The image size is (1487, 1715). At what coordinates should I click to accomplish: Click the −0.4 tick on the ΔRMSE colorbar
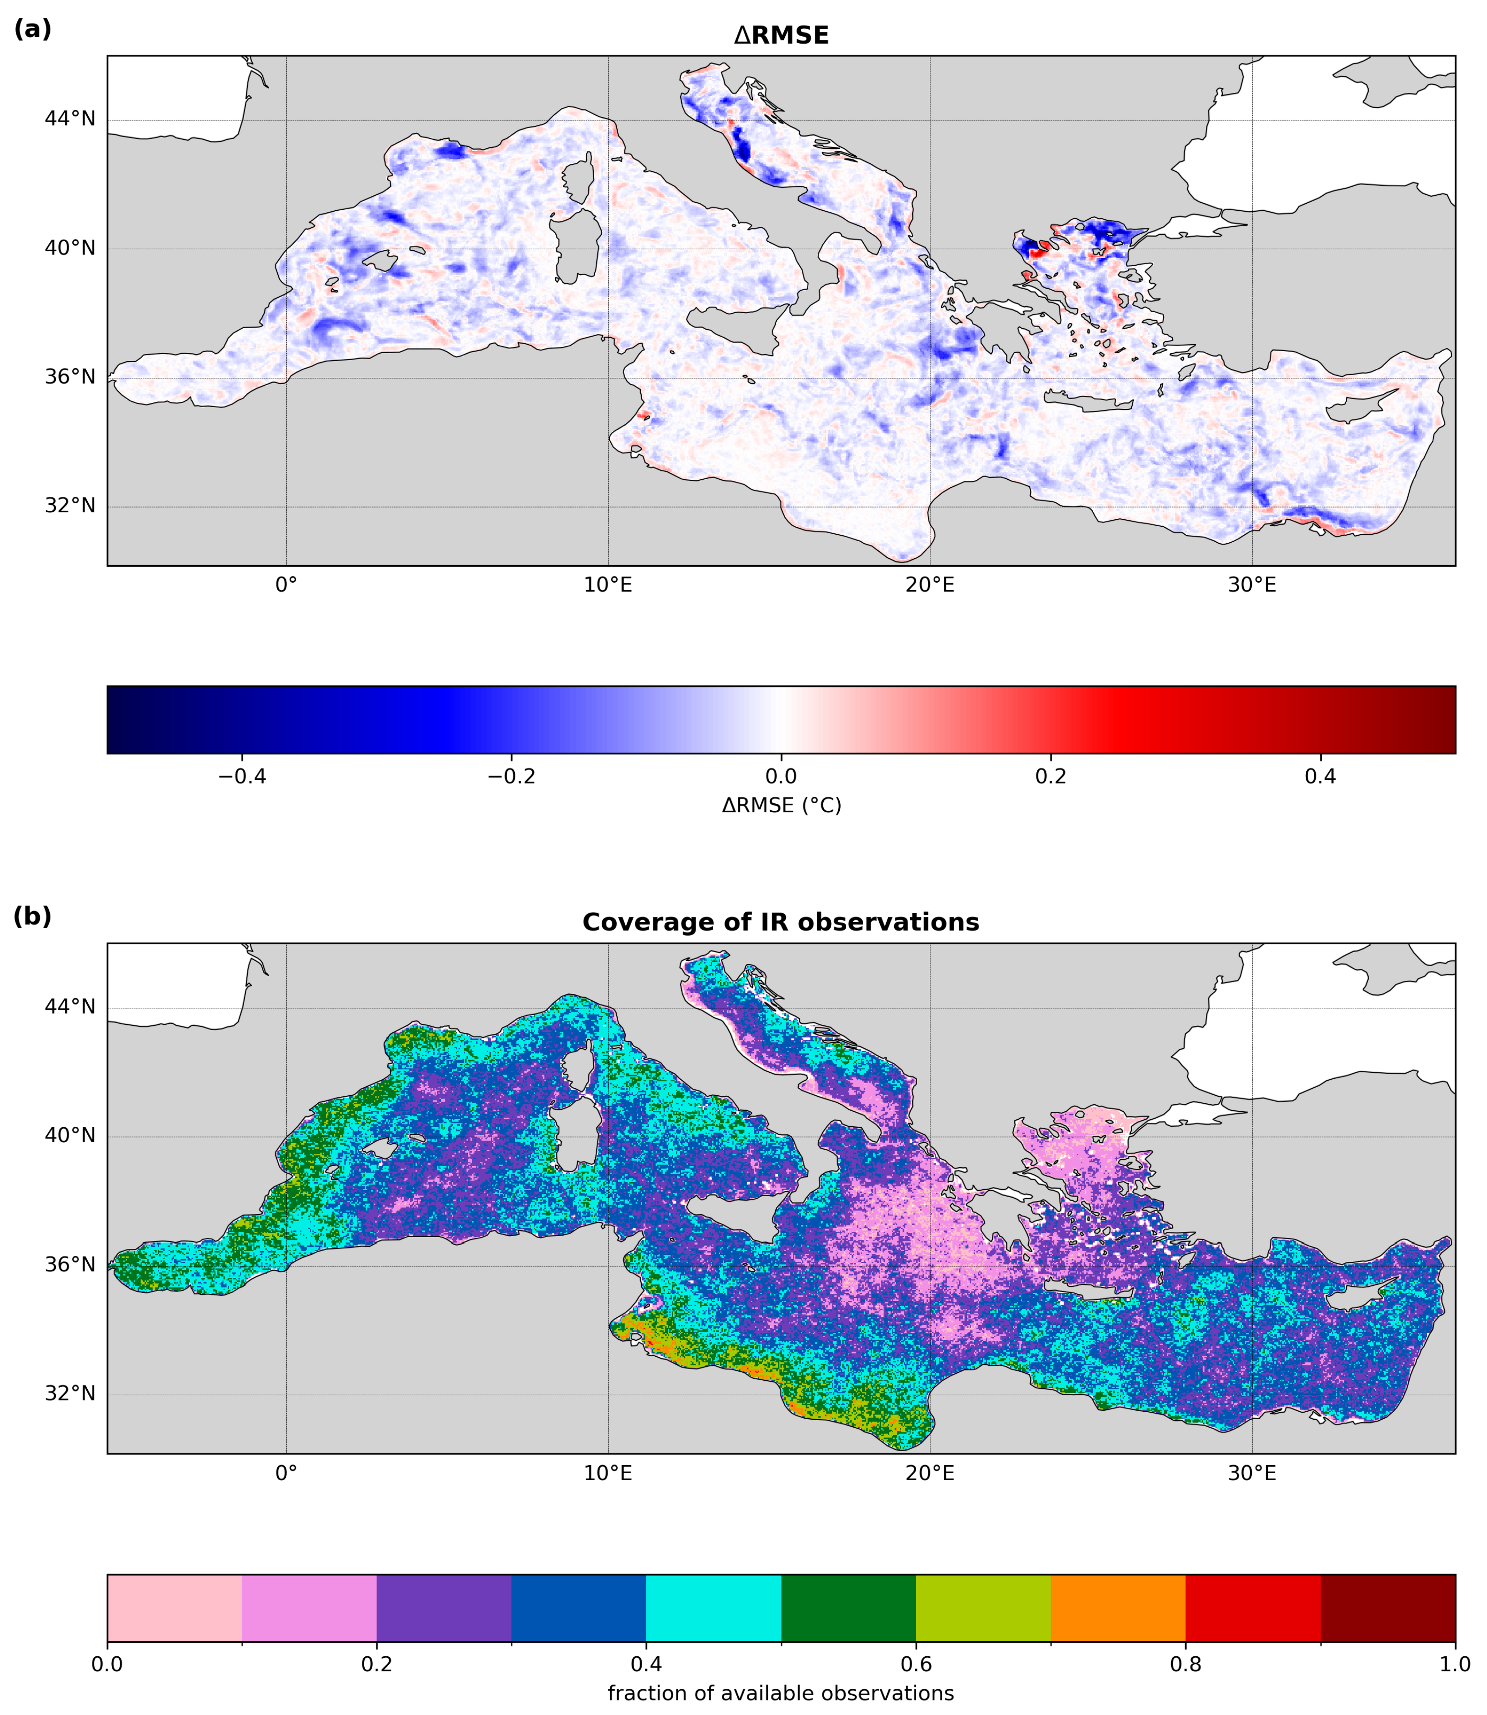[241, 777]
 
